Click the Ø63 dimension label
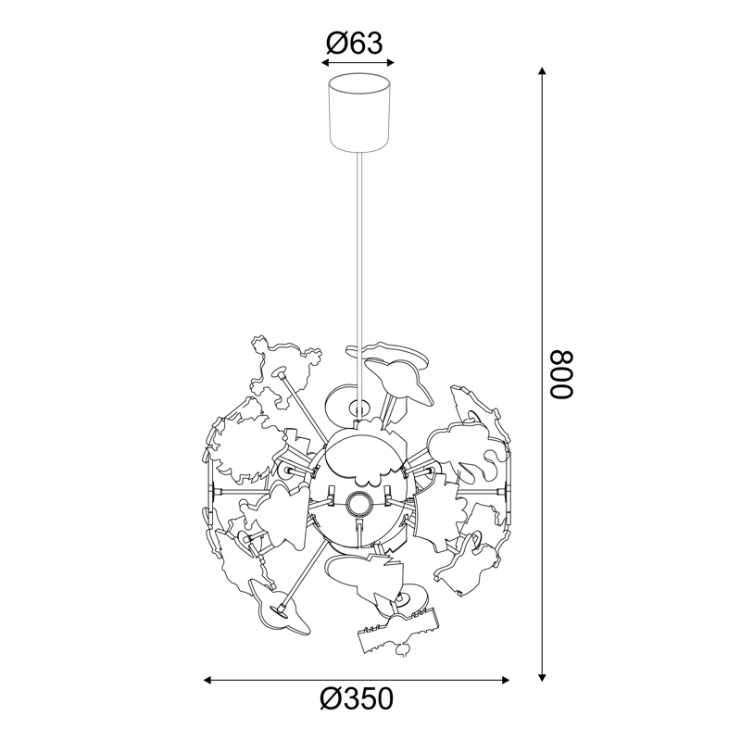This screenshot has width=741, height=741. pos(355,44)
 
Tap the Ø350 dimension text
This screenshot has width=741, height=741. pos(357,699)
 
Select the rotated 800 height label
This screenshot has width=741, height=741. pos(561,374)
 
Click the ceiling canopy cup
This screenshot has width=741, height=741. pos(359,113)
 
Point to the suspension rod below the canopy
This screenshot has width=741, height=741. pos(360,283)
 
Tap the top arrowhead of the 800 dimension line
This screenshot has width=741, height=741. pos(543,71)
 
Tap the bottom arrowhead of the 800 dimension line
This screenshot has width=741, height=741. pos(543,677)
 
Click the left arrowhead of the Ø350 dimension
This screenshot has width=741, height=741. pos(207,680)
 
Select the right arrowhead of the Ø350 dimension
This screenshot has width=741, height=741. pos(505,680)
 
